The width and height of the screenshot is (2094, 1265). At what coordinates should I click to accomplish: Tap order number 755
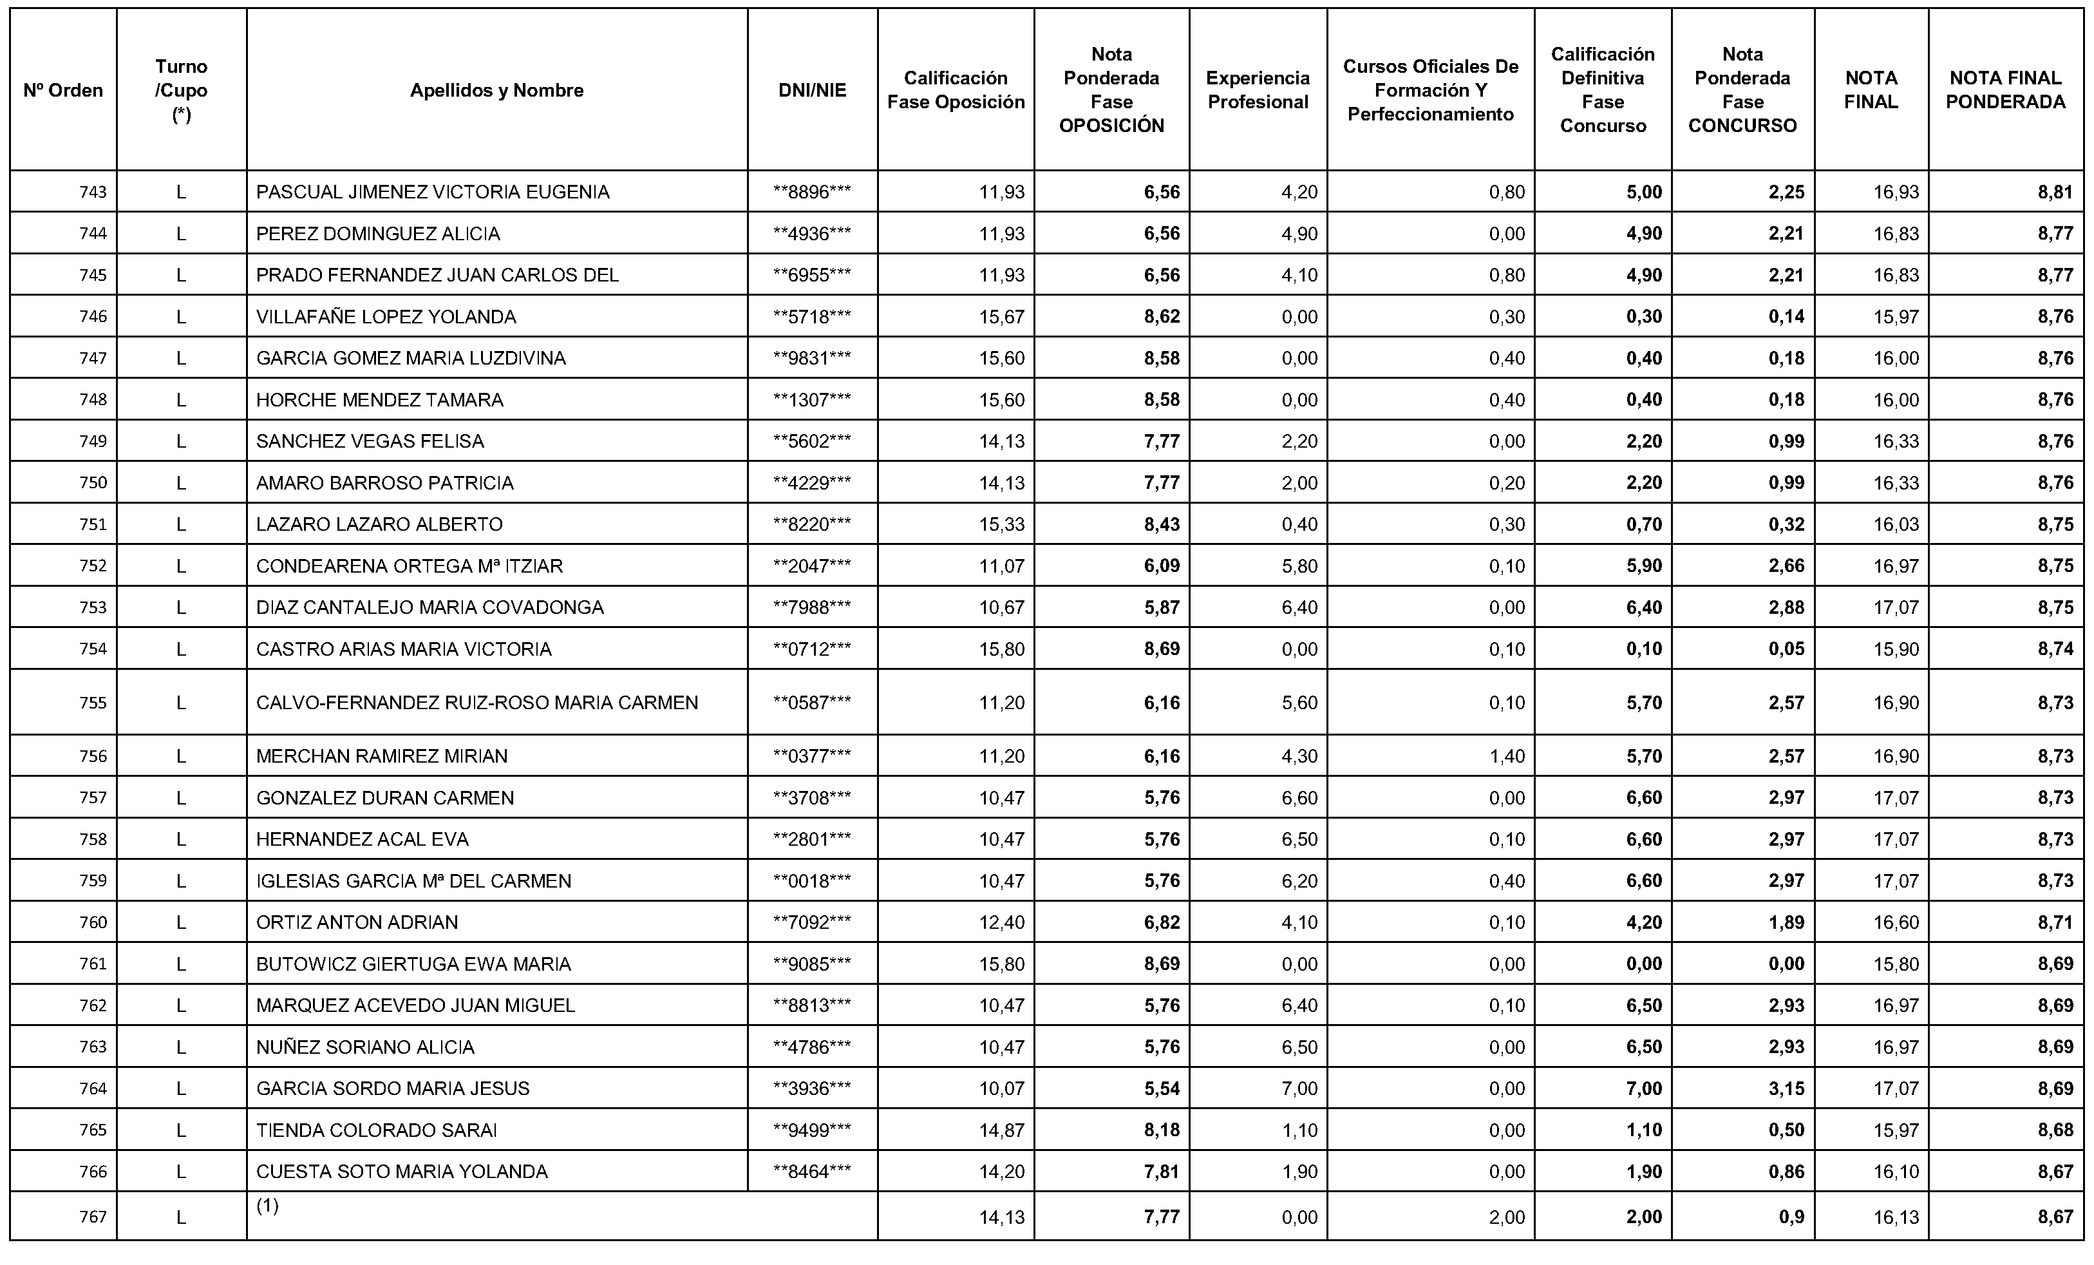pos(93,702)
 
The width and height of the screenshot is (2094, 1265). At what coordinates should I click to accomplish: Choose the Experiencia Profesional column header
pos(1258,90)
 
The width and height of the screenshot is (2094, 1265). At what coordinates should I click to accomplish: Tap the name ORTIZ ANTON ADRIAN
pos(357,922)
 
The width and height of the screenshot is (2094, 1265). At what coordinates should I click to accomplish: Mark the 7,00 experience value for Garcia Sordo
pos(1299,1088)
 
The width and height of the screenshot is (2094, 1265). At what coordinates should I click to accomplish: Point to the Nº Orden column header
pos(63,90)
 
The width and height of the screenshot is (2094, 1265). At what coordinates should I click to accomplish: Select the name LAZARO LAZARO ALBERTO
pos(379,524)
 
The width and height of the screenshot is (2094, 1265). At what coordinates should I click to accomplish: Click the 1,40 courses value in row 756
pos(1507,756)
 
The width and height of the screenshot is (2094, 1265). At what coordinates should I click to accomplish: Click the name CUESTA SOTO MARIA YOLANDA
pos(401,1172)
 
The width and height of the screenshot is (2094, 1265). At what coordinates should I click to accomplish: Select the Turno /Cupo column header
pos(181,90)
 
